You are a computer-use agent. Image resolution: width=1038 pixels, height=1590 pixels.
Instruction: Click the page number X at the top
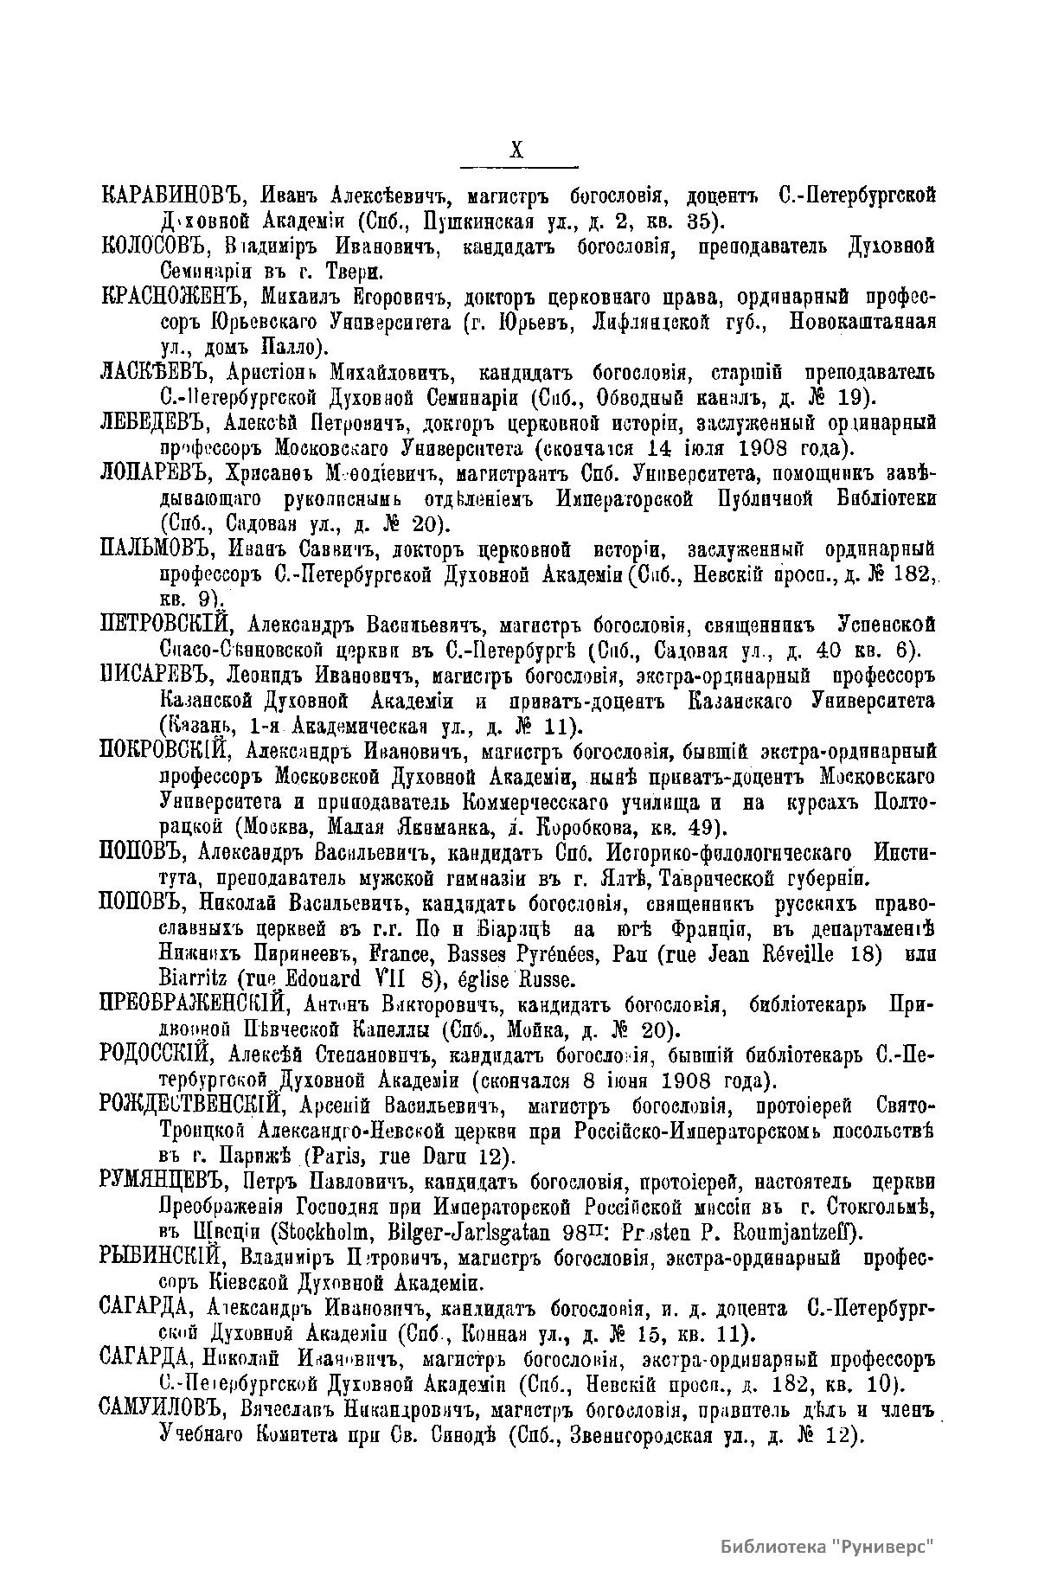(517, 150)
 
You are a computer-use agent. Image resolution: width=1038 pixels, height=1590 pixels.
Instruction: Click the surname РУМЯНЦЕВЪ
(166, 1182)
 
